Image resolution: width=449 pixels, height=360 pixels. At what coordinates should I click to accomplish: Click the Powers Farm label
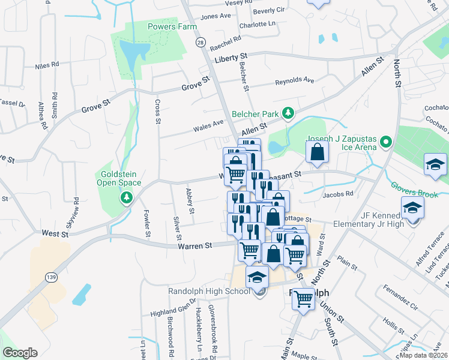pos(172,26)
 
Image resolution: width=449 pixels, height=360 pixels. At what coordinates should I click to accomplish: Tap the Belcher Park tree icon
pos(288,113)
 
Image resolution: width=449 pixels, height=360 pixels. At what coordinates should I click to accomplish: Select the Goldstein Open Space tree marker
pos(126,197)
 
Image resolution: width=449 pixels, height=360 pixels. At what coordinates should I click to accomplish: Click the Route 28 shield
pos(200,42)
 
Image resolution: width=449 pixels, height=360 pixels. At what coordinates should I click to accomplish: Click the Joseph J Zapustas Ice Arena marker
pos(386,143)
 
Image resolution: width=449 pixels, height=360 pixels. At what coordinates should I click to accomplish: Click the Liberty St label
pos(231,60)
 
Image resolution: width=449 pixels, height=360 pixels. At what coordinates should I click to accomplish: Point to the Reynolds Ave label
pos(295,80)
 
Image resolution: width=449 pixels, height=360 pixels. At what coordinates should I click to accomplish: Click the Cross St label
pos(158,112)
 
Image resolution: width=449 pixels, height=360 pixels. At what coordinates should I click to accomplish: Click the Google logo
pos(20,353)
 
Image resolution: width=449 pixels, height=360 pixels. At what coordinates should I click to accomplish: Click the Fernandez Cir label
pos(401,306)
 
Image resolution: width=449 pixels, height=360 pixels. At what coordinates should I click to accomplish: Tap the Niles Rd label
pos(47,64)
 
